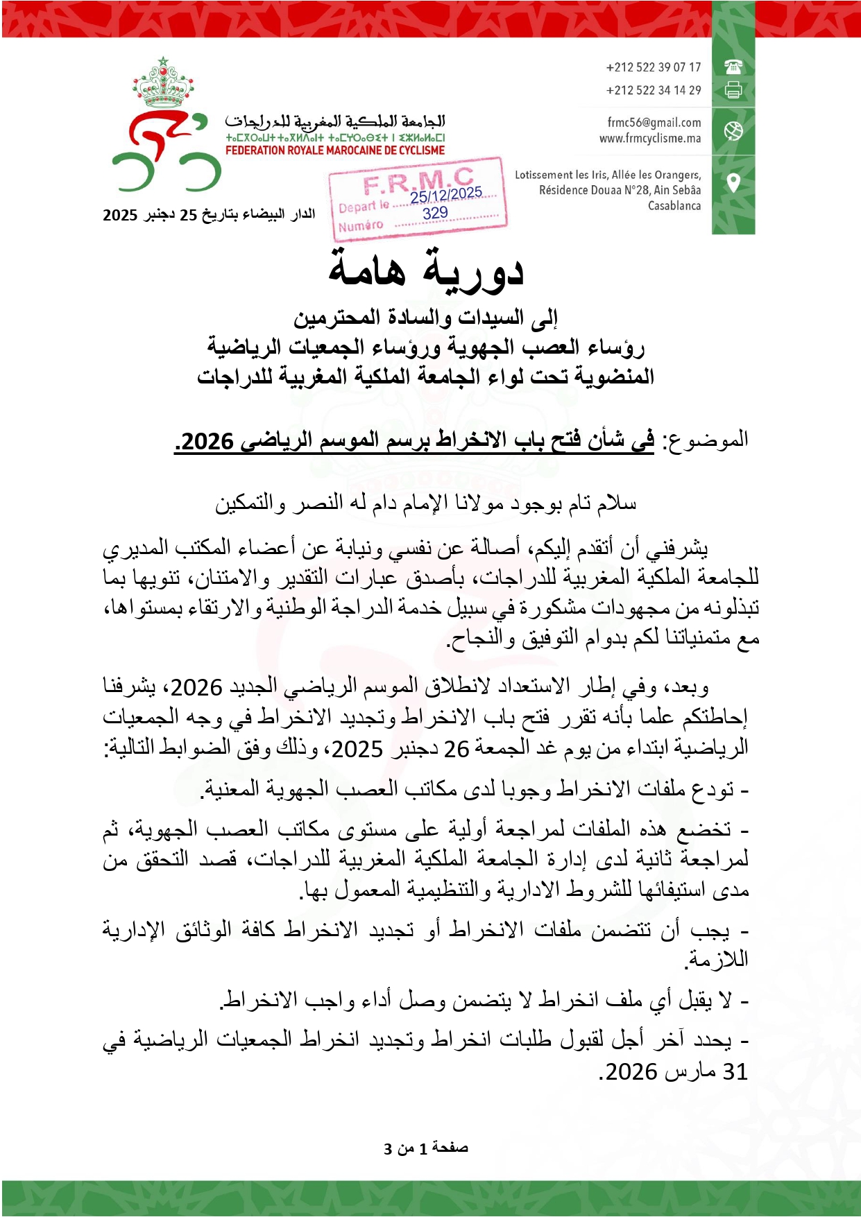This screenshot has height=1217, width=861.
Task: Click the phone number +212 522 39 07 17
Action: tap(653, 67)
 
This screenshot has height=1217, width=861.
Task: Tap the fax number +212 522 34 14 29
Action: tap(653, 90)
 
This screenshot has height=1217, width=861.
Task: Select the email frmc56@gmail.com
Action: tap(654, 123)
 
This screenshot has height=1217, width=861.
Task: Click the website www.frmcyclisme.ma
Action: tap(650, 139)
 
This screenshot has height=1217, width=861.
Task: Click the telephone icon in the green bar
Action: tap(733, 67)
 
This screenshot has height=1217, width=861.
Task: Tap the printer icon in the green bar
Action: tap(733, 89)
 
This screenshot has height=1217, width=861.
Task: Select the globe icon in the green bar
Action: tap(733, 130)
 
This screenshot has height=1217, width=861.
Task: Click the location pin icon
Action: tap(733, 183)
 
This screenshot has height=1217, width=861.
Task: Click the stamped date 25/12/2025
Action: tap(445, 195)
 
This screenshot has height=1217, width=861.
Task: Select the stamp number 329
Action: tap(436, 213)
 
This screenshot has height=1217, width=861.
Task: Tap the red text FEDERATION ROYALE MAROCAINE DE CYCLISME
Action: tap(335, 150)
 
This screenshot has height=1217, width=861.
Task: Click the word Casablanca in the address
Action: tap(674, 206)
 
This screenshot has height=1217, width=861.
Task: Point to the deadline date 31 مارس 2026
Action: tap(673, 1072)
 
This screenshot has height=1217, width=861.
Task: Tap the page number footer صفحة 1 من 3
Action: tap(426, 1148)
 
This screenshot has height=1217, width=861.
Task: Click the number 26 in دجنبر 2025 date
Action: tap(457, 749)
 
